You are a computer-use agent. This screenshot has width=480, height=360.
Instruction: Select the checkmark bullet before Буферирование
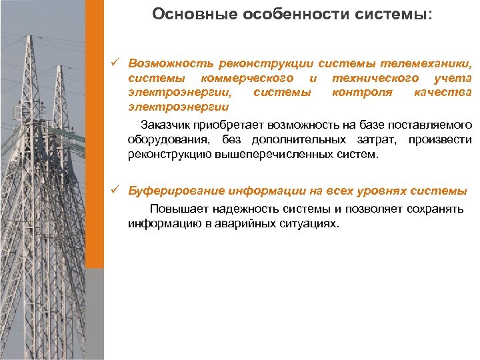pos(115,191)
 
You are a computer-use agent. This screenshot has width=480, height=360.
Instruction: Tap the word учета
pos(453,79)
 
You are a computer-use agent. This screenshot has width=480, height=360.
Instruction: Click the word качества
pos(443,93)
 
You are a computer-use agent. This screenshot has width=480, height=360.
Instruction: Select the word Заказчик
pos(166,125)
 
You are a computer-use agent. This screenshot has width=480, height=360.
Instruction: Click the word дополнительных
pos(300,140)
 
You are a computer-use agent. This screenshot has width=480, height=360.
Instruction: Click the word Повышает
pos(176,209)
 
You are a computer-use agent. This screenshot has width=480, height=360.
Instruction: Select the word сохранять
pos(435,209)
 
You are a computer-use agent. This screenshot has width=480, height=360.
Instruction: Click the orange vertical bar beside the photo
pos(97,133)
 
